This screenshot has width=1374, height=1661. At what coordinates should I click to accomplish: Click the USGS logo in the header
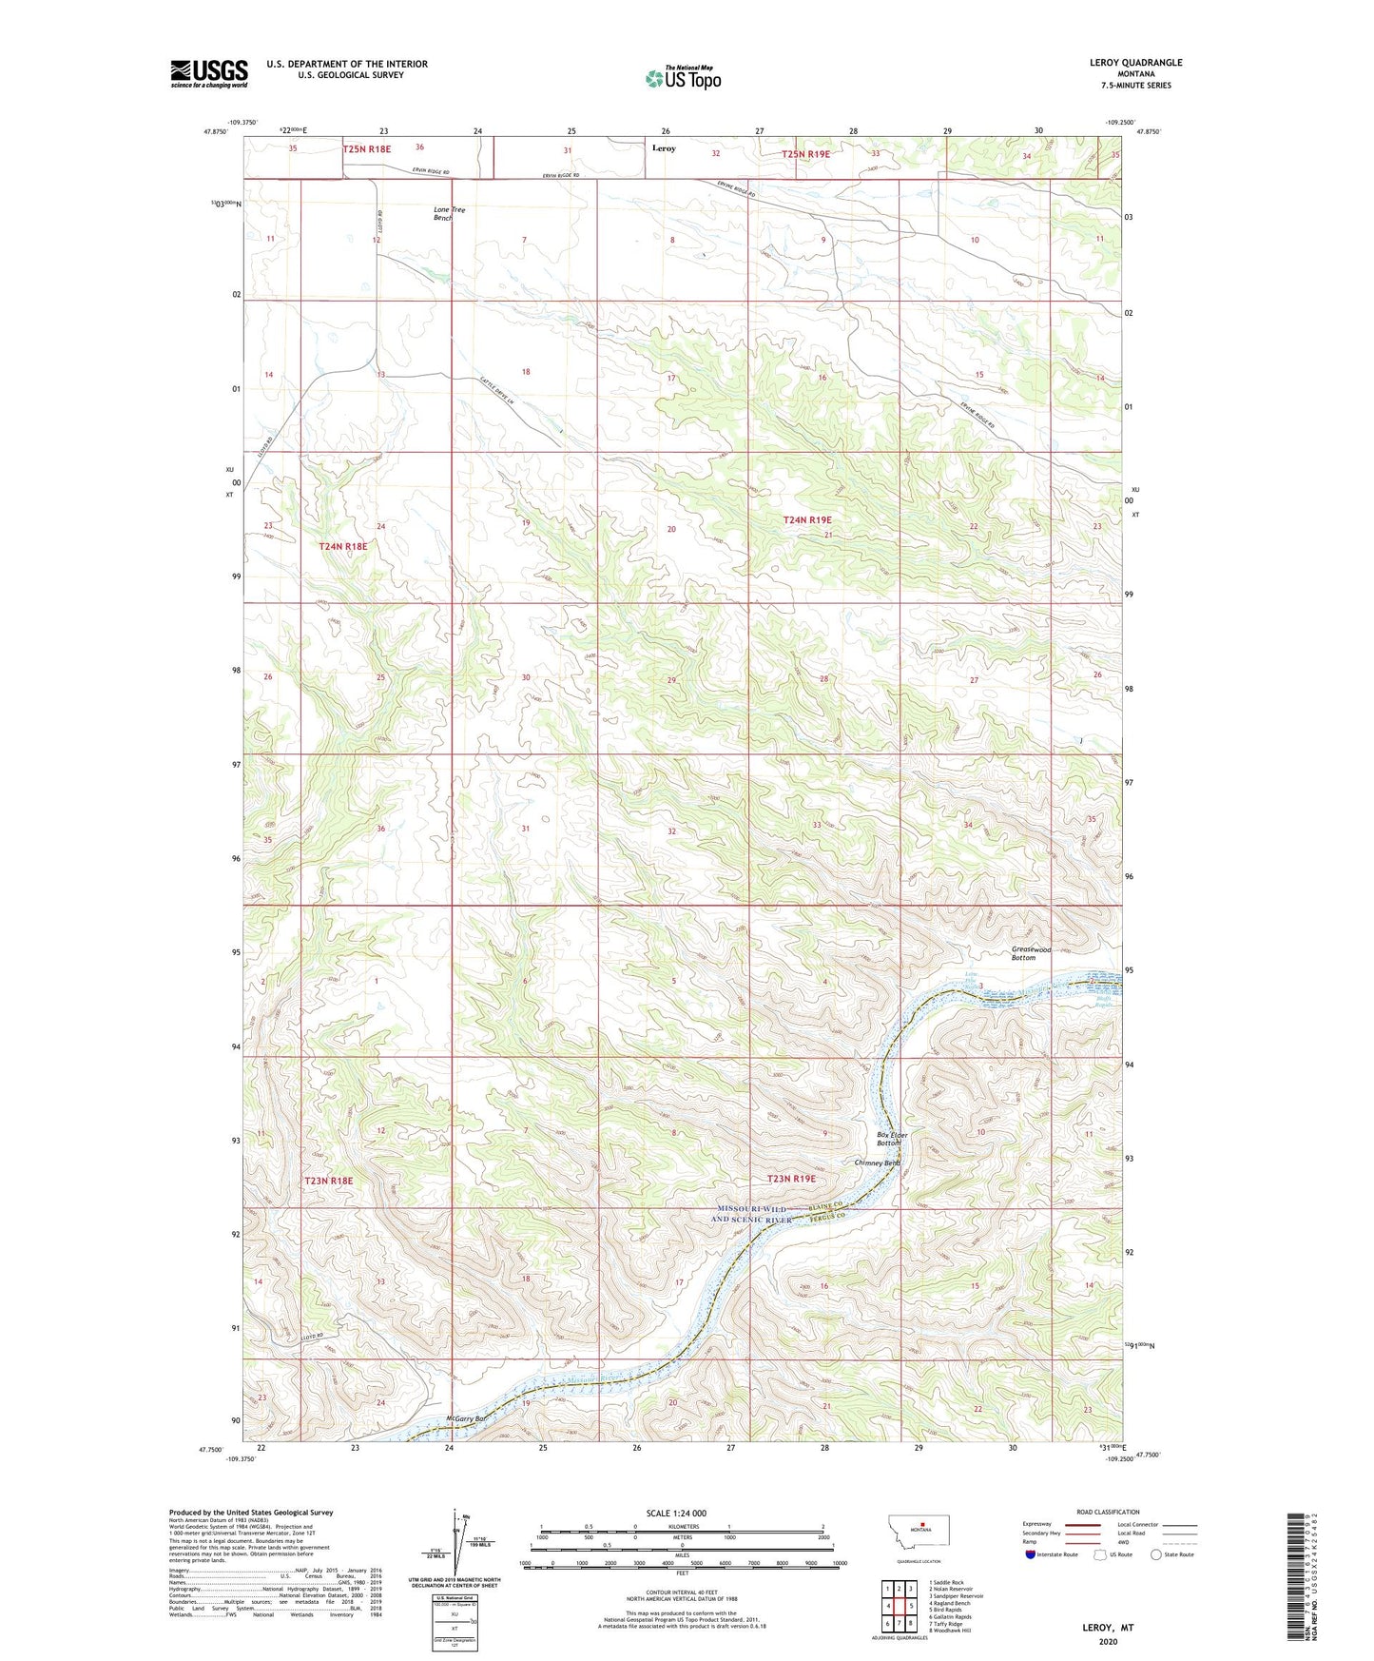pyautogui.click(x=209, y=72)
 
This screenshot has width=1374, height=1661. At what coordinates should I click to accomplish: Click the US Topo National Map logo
pyautogui.click(x=683, y=77)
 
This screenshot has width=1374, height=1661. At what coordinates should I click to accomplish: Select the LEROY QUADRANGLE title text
pyautogui.click(x=1135, y=63)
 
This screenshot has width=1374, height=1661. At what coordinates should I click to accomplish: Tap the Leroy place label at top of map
pyautogui.click(x=664, y=148)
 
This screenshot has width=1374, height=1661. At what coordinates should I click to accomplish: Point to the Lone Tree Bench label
pyautogui.click(x=449, y=213)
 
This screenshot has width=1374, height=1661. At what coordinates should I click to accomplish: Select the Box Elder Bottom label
pyautogui.click(x=892, y=1139)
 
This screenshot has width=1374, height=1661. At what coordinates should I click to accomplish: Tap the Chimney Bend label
pyautogui.click(x=876, y=1163)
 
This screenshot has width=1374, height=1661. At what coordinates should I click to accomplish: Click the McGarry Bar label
pyautogui.click(x=466, y=1419)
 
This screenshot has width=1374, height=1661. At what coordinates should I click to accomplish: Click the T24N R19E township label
pyautogui.click(x=806, y=519)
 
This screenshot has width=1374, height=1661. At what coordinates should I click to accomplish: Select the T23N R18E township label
pyautogui.click(x=329, y=1181)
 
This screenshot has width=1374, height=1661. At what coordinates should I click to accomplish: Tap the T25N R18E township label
pyautogui.click(x=367, y=149)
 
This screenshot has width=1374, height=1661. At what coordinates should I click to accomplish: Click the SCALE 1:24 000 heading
pyautogui.click(x=675, y=1514)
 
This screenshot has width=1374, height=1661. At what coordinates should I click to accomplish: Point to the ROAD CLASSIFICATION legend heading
pyautogui.click(x=1107, y=1512)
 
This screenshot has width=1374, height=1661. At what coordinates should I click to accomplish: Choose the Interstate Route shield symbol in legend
pyautogui.click(x=1031, y=1554)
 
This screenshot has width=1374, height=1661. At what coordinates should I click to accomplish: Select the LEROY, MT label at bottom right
pyautogui.click(x=1108, y=1628)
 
